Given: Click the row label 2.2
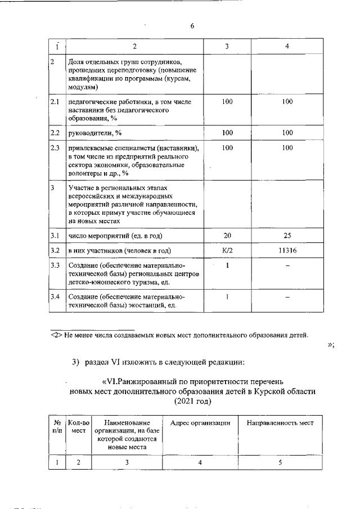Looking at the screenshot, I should pos(55,133).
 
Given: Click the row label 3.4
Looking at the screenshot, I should pos(55,296).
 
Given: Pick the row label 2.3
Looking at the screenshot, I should pos(55,147).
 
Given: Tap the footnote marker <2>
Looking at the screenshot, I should pos(56,336).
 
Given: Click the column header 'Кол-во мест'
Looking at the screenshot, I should pos(78,427).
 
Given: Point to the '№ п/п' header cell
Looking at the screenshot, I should pos(57,427).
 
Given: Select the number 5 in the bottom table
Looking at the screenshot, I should pos(280,462).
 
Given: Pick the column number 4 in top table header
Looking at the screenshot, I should pos(287,46).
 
